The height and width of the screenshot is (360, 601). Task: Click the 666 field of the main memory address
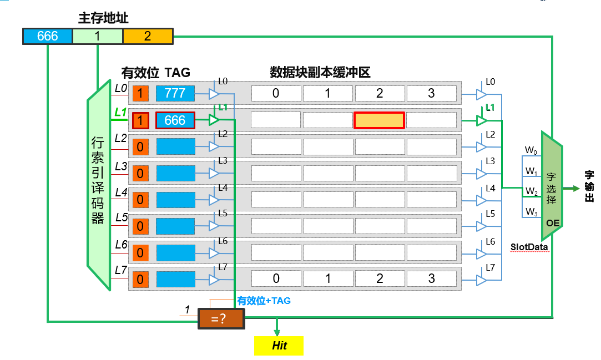48,36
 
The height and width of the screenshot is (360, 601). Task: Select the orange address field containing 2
148,36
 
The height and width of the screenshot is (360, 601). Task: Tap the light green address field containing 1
97,36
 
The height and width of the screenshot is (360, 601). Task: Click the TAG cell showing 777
175,93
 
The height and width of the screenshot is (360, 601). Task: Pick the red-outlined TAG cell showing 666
175,120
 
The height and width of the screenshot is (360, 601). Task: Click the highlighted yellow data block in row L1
379,120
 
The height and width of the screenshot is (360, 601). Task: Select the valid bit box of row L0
140,93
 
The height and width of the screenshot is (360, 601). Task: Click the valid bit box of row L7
140,280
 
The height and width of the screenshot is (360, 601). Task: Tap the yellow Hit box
279,346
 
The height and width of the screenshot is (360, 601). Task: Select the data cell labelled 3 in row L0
431,93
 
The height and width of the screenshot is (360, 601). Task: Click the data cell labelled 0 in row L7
276,278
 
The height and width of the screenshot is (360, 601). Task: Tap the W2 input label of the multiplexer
532,191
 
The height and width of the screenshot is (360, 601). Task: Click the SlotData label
529,246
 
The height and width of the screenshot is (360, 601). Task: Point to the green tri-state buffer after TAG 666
213,119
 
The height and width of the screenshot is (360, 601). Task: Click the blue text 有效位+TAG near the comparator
264,301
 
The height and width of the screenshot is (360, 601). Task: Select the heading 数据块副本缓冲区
320,72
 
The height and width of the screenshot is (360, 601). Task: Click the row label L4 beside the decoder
121,192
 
